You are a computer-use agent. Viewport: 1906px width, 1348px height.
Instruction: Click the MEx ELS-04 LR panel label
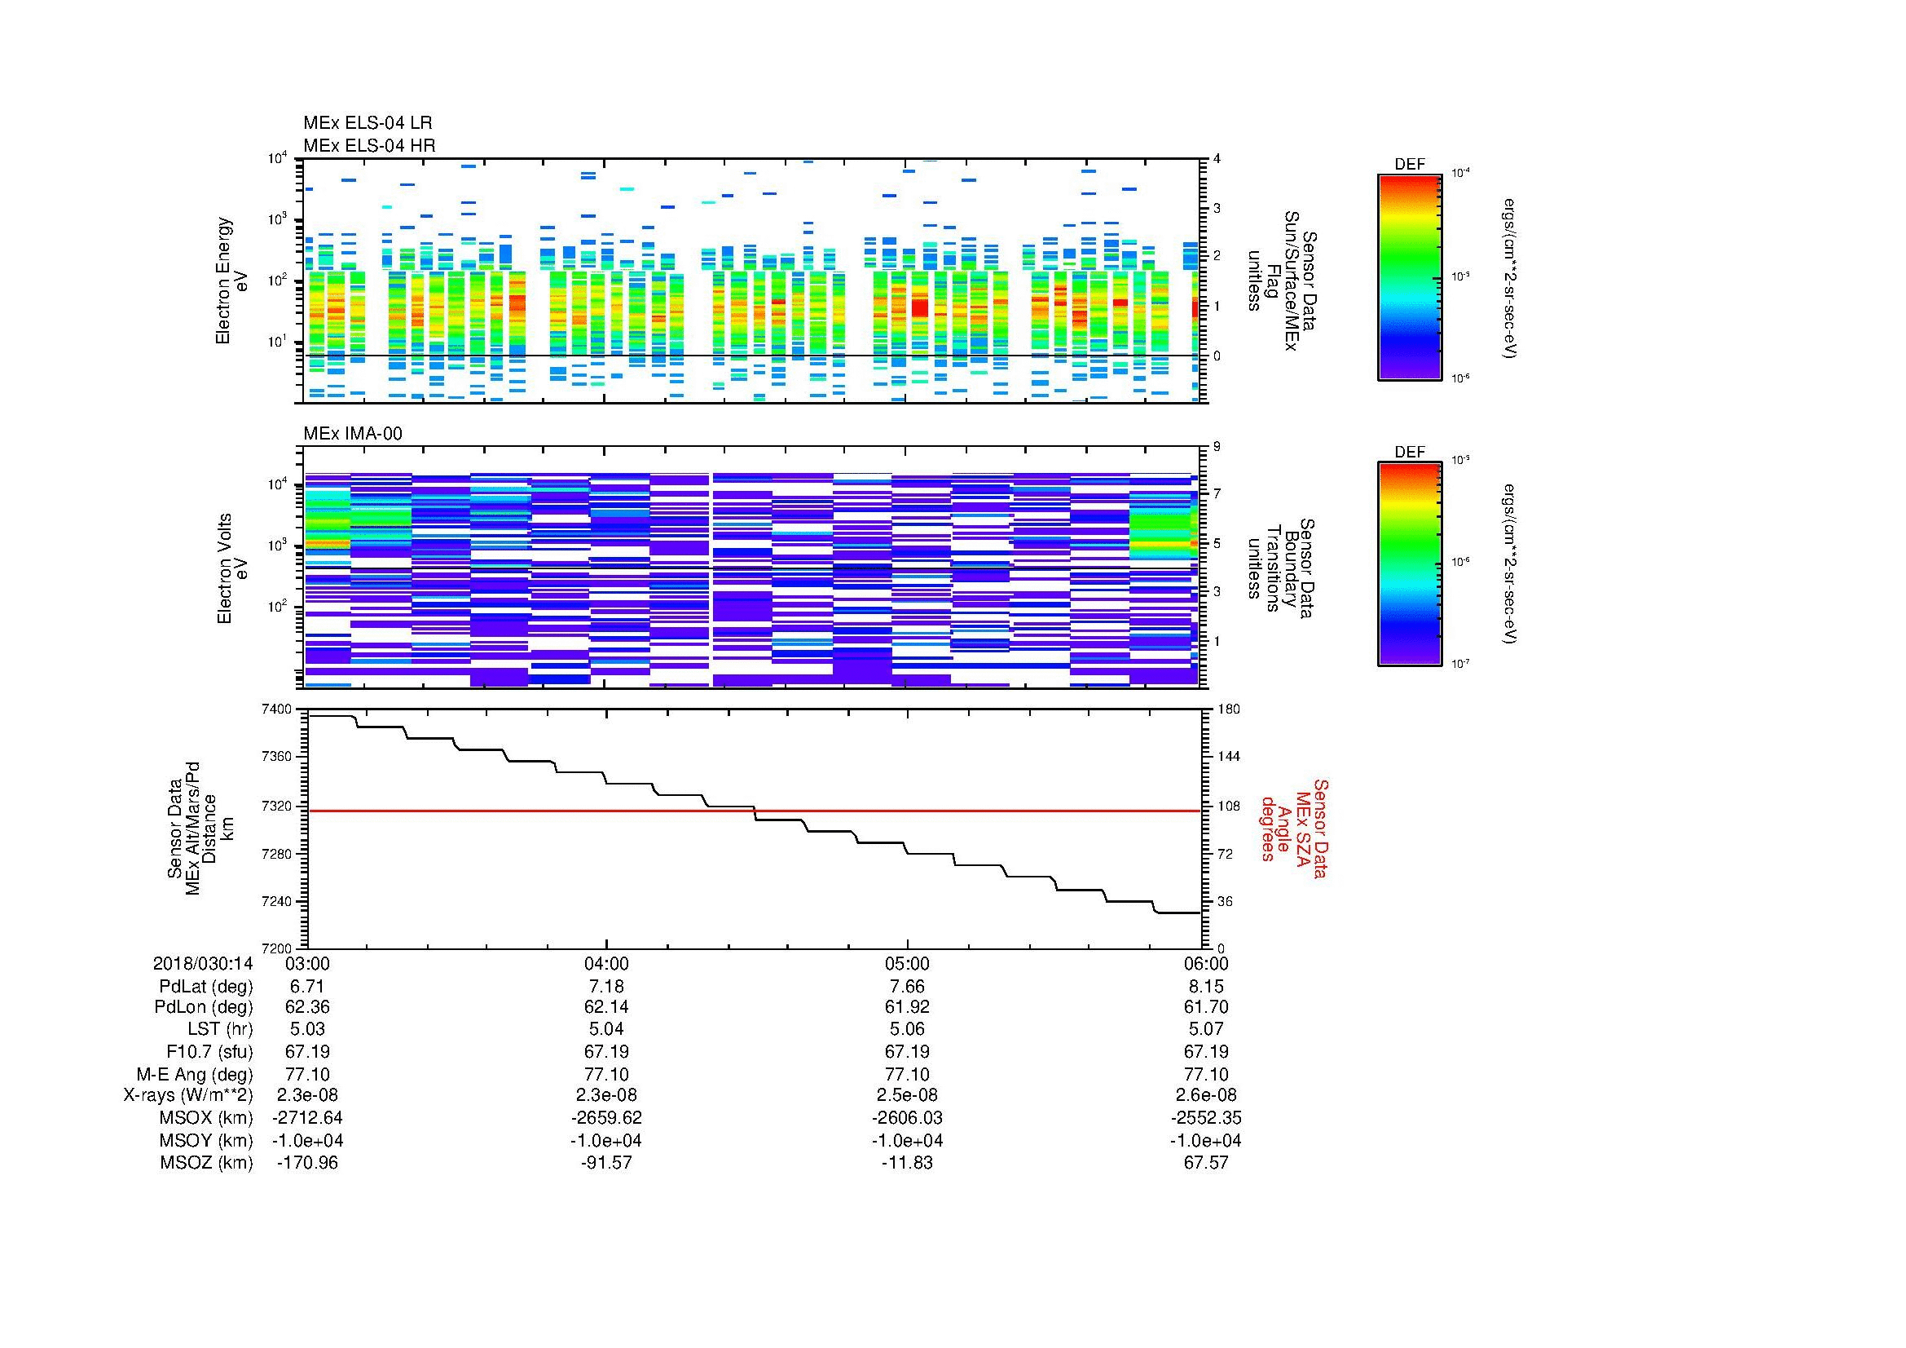coord(367,123)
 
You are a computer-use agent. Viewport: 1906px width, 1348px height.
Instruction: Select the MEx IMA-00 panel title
coord(352,434)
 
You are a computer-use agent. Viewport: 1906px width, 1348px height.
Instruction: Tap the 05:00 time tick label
coord(906,963)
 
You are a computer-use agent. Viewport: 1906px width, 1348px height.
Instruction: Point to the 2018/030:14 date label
coord(203,963)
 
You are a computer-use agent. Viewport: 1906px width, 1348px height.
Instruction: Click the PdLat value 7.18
coord(606,986)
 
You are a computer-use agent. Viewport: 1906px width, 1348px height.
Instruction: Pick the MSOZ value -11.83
coord(906,1163)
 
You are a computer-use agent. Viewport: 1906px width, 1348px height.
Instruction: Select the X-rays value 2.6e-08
coord(1205,1095)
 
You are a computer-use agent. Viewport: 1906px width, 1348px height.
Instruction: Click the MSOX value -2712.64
coord(307,1118)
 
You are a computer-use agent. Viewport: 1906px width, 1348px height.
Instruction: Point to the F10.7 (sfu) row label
coord(209,1051)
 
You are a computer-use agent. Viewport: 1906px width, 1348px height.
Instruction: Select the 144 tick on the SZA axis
coord(1227,757)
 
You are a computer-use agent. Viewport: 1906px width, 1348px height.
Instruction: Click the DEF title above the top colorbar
coord(1410,165)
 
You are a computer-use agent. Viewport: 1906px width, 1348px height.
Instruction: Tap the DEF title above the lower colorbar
coord(1410,453)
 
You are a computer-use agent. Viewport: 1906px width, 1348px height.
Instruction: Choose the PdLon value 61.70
coord(1205,1007)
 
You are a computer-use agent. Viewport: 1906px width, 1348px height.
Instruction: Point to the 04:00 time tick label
coord(606,963)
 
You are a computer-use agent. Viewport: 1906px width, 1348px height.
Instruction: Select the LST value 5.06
coord(906,1030)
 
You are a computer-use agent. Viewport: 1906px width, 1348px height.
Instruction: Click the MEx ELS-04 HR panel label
coord(368,146)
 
